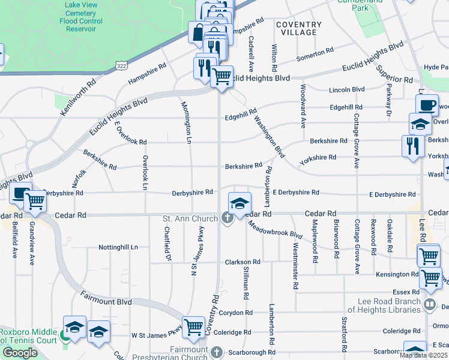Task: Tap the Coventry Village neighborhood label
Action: coord(299,28)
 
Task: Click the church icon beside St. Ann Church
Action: coord(228,218)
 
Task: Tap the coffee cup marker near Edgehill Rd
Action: coord(427,105)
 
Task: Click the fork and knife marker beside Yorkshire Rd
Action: coord(412,146)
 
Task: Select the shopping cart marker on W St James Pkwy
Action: coord(193,328)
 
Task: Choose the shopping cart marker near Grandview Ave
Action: coord(35,202)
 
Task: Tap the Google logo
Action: coord(20,353)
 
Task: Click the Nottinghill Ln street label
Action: coord(118,247)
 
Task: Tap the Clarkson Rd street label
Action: coord(243,262)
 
